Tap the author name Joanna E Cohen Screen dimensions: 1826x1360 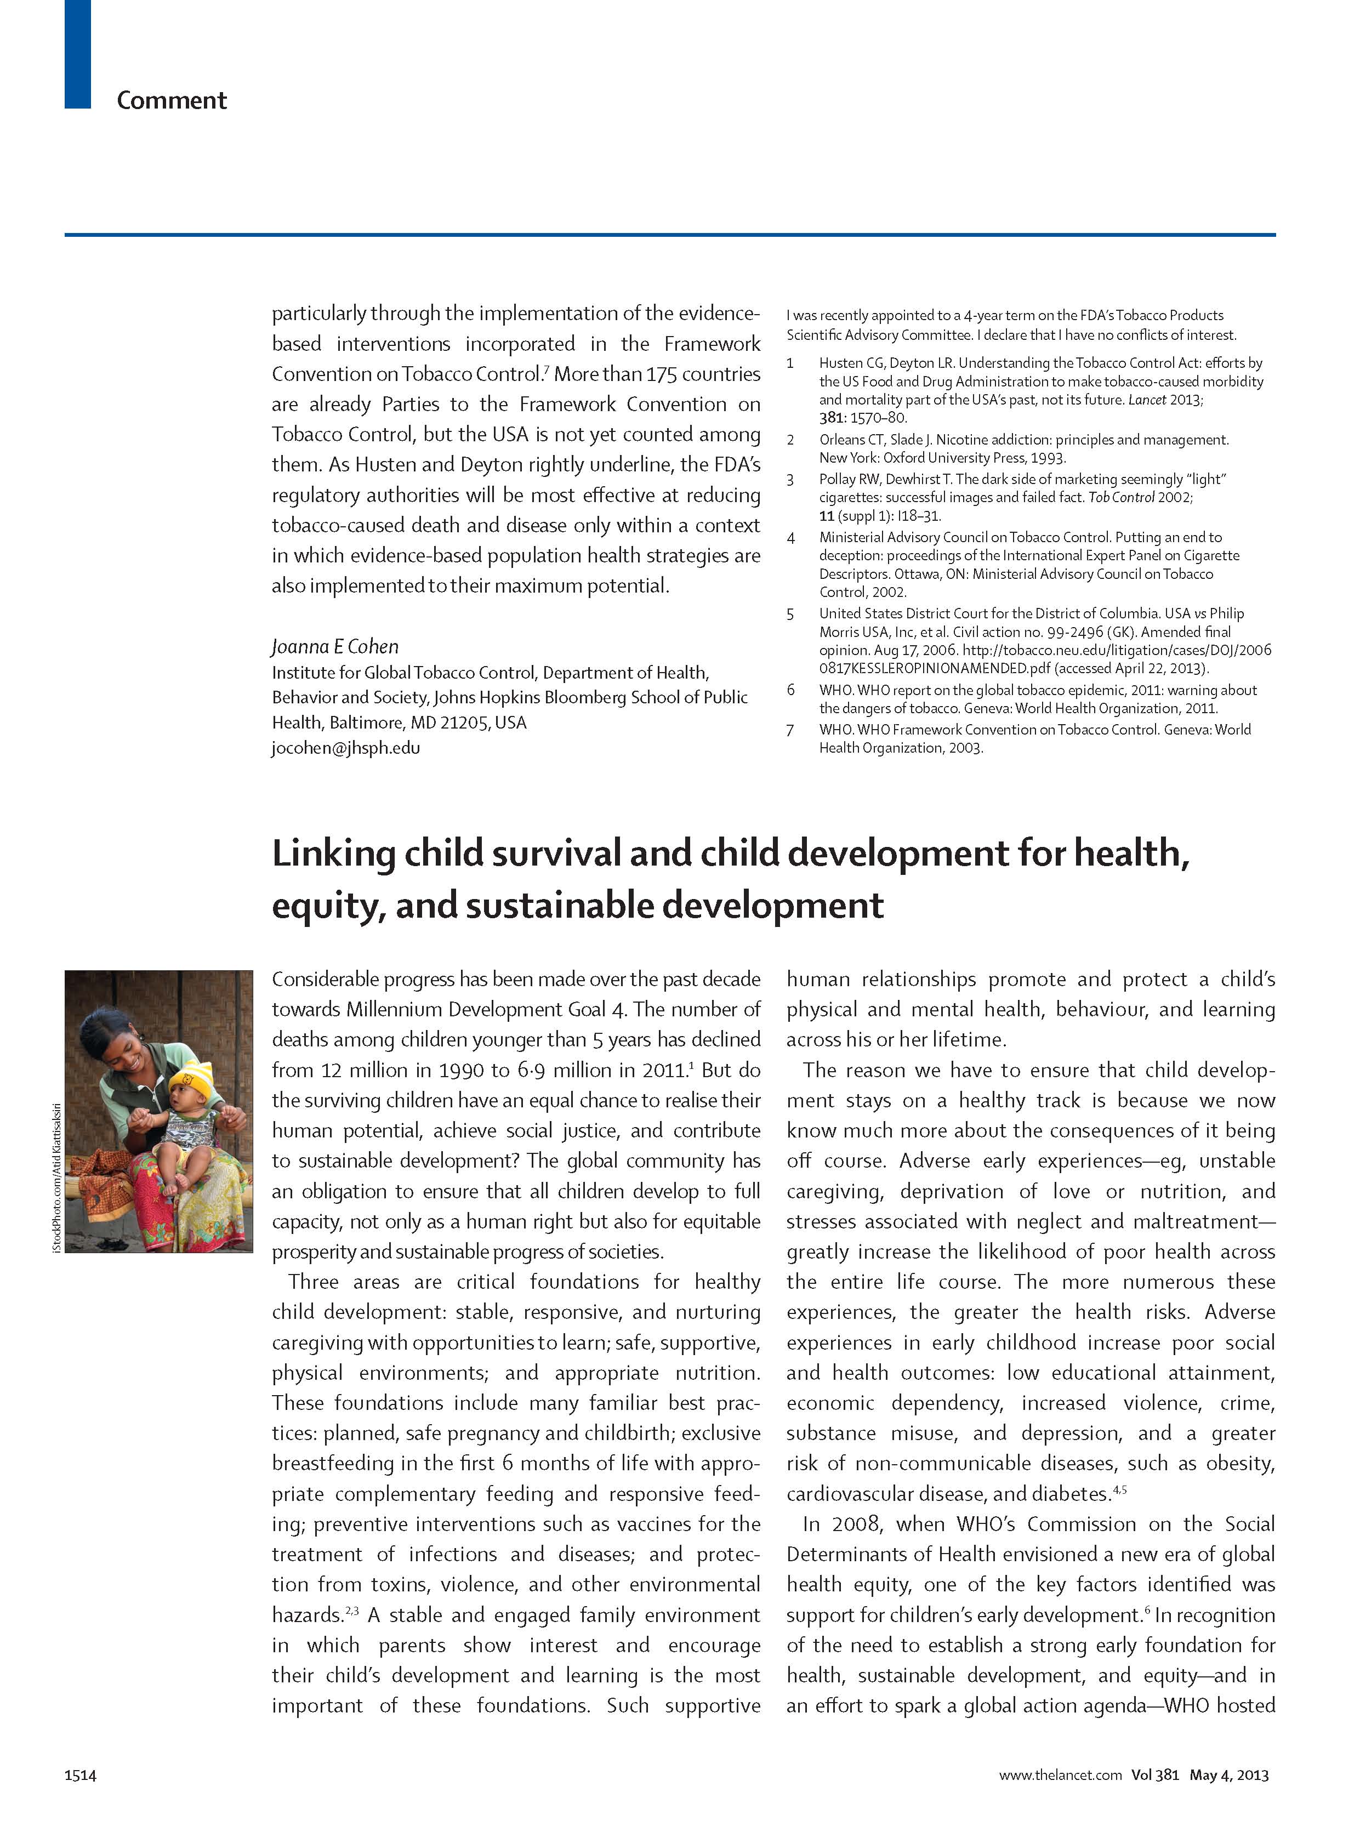[x=335, y=646]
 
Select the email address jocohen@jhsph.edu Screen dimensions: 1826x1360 [x=346, y=748]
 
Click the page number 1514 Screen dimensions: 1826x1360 [x=80, y=1775]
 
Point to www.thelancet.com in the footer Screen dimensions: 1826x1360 [x=1060, y=1775]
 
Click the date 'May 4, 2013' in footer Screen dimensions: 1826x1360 [x=1228, y=1775]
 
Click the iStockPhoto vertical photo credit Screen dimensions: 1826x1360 [x=56, y=1177]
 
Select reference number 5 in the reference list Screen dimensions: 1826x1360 [x=790, y=613]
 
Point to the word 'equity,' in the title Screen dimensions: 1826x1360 [x=327, y=906]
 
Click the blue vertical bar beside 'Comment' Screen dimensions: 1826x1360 [x=77, y=54]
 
